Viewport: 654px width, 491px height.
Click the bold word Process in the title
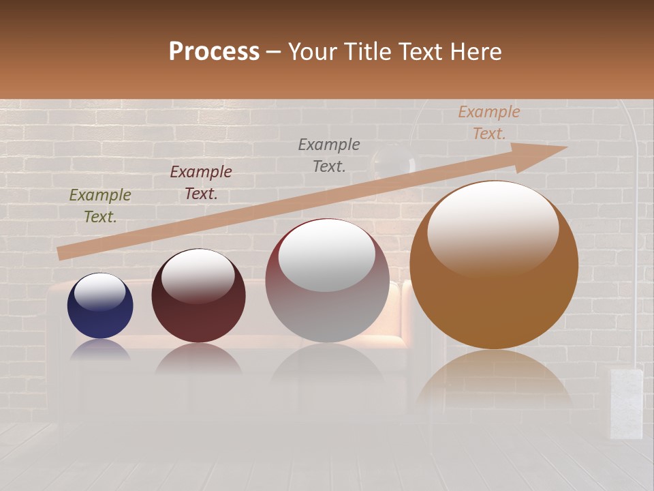click(214, 52)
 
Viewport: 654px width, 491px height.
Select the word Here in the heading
click(476, 52)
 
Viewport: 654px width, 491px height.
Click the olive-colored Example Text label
click(100, 206)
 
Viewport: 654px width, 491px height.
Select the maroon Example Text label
click(201, 183)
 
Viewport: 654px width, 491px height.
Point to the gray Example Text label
click(329, 155)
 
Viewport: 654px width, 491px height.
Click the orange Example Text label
click(488, 123)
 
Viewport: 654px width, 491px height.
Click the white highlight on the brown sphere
click(493, 228)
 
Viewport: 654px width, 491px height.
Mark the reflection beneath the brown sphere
click(494, 378)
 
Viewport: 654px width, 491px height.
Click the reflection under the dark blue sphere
click(100, 349)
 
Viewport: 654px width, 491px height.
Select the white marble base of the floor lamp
click(626, 402)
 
